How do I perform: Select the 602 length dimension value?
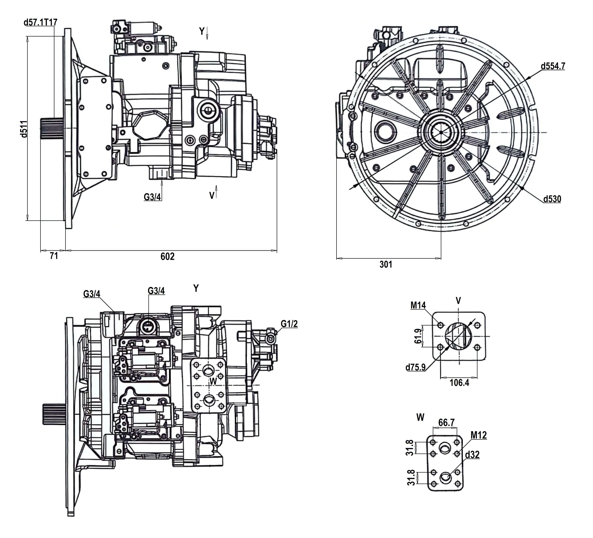coord(167,256)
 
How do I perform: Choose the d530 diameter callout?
coord(552,199)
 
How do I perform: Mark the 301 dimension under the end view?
coord(386,264)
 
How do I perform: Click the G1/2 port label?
coord(289,324)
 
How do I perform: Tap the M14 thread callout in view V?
coord(418,305)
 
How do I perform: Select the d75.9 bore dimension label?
coord(415,367)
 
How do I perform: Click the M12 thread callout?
coord(479,435)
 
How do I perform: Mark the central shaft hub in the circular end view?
coord(441,132)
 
